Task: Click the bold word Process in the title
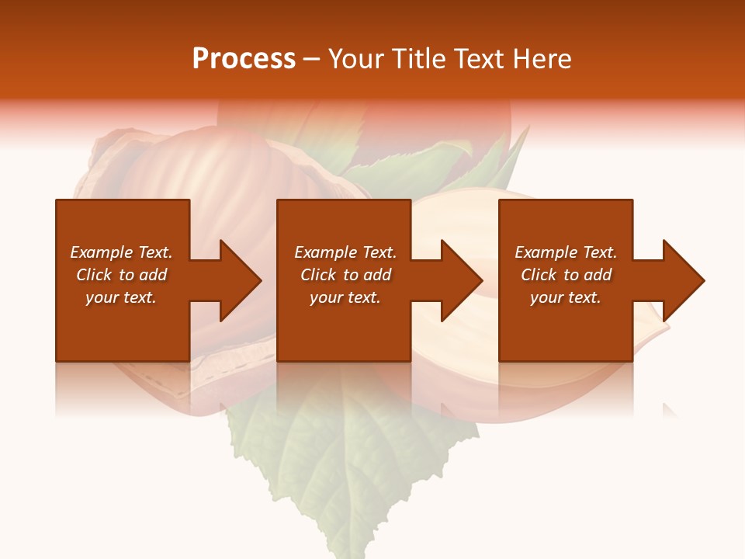[x=244, y=59]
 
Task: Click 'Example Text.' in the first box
[x=121, y=252]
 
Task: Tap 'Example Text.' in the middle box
[x=345, y=252]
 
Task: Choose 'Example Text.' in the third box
[x=566, y=252]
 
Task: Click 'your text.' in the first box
[x=121, y=297]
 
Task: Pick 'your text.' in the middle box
[x=345, y=297]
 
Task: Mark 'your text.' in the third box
[x=566, y=297]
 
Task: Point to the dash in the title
[x=312, y=59]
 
